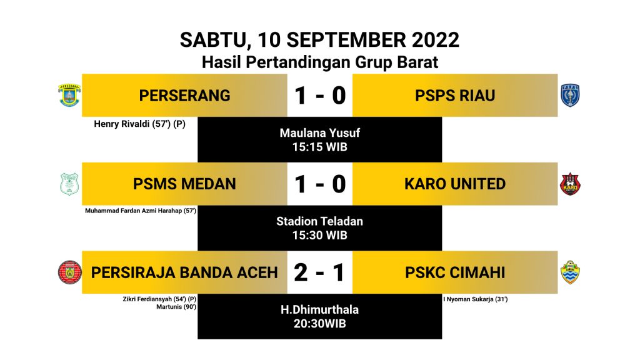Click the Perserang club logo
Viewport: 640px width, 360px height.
click(x=69, y=95)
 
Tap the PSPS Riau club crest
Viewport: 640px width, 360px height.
click(x=570, y=95)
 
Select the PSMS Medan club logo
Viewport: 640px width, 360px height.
click(x=69, y=184)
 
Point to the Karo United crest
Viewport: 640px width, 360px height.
click(x=570, y=184)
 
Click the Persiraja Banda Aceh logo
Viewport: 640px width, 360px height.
click(x=70, y=272)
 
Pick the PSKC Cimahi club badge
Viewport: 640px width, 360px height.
click(x=570, y=272)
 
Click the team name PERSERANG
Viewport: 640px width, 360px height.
click(x=184, y=96)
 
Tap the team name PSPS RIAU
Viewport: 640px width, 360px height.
click(x=455, y=96)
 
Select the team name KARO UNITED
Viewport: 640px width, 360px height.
click(x=455, y=184)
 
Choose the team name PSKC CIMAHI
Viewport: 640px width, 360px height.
click(x=455, y=272)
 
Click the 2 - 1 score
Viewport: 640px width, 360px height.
click(x=319, y=272)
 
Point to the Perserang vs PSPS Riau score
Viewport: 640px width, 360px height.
click(x=319, y=96)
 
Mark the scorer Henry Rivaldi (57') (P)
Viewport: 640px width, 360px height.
click(x=139, y=124)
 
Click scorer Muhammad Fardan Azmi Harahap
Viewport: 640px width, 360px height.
click(x=141, y=211)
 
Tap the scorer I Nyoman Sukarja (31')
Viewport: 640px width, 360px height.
click(x=476, y=299)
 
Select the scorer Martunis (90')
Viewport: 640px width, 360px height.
click(x=176, y=306)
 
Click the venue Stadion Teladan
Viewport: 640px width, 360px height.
click(x=319, y=221)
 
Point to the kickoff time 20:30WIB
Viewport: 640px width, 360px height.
click(x=319, y=324)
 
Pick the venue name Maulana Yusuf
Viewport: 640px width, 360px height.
click(x=319, y=133)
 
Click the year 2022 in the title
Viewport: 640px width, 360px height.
click(x=436, y=40)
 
